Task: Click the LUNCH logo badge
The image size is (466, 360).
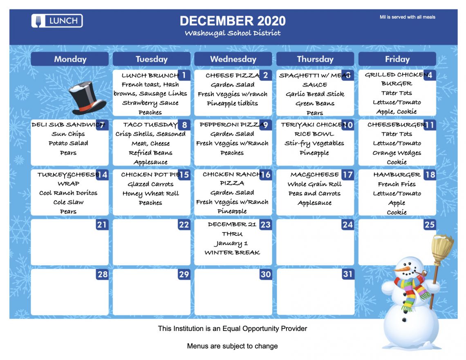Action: coord(57,21)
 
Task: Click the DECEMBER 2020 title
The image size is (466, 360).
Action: coord(233,21)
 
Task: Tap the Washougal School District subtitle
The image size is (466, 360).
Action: coord(233,33)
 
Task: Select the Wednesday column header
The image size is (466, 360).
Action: coord(233,59)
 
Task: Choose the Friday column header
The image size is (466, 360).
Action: coord(397,59)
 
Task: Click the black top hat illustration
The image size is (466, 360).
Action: coord(87,98)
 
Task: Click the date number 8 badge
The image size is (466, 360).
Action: coord(184,125)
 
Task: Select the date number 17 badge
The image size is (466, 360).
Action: coord(347,174)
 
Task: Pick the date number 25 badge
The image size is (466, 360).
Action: coord(430,225)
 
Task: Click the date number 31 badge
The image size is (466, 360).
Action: coord(347,274)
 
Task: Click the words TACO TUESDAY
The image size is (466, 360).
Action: coord(150,125)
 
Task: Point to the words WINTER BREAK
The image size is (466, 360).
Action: coord(232,253)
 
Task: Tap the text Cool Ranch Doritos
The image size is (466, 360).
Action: coord(68,193)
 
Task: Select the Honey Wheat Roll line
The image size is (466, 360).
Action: coord(151,194)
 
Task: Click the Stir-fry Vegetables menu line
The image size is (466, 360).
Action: coord(314,143)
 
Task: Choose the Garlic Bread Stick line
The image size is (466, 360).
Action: coord(315,94)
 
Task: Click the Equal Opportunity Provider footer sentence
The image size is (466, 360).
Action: coord(233,329)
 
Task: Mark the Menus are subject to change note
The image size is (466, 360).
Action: coord(233,346)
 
